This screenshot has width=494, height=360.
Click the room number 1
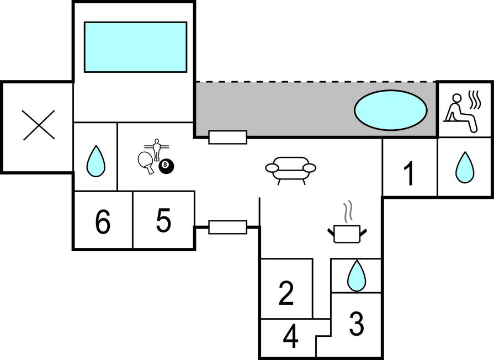pyautogui.click(x=408, y=174)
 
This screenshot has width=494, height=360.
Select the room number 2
pyautogui.click(x=286, y=293)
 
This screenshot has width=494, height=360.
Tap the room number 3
pyautogui.click(x=357, y=324)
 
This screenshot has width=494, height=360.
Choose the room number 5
pyautogui.click(x=163, y=221)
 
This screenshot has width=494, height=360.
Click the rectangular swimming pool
pyautogui.click(x=135, y=47)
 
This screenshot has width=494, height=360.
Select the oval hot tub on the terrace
pyautogui.click(x=390, y=110)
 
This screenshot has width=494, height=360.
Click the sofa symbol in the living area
pyautogui.click(x=290, y=169)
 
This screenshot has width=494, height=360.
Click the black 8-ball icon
pyautogui.click(x=164, y=165)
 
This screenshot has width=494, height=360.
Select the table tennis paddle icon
pyautogui.click(x=146, y=162)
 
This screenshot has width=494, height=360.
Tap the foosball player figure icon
pyautogui.click(x=157, y=148)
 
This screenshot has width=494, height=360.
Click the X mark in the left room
pyautogui.click(x=39, y=125)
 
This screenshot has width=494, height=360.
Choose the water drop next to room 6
pyautogui.click(x=95, y=161)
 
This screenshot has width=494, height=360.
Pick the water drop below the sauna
pyautogui.click(x=465, y=167)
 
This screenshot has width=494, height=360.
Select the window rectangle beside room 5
pyautogui.click(x=227, y=226)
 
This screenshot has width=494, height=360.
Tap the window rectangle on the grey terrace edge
pyautogui.click(x=227, y=137)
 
